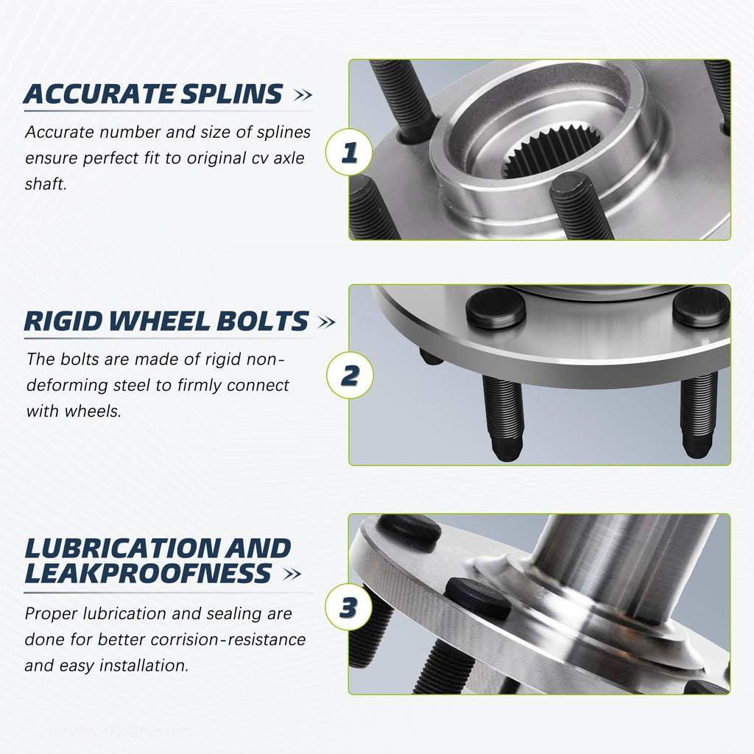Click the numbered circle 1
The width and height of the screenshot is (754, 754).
tap(349, 152)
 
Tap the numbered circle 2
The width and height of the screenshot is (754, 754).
tap(350, 375)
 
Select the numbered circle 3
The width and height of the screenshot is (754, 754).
tap(348, 607)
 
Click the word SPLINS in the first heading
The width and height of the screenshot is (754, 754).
tap(232, 94)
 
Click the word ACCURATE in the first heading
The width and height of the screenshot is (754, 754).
tap(99, 94)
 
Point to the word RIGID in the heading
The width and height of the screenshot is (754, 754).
tap(63, 321)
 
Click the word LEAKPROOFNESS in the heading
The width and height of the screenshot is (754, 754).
tap(148, 573)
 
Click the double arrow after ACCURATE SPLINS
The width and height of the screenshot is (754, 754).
tap(303, 95)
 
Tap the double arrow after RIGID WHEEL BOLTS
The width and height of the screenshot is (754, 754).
tap(326, 323)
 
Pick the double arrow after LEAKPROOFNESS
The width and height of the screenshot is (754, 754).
tap(292, 574)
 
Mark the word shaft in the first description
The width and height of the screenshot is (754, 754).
tap(46, 184)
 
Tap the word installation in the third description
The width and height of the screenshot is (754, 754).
tap(144, 666)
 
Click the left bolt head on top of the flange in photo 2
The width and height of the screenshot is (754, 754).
tap(496, 308)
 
